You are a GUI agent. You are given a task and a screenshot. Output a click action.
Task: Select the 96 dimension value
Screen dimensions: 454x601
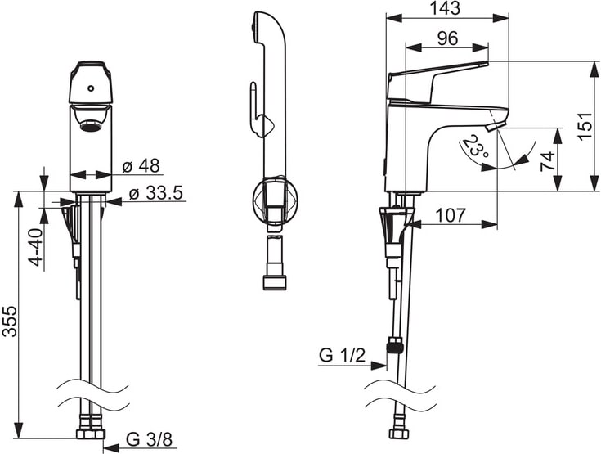coord(446,38)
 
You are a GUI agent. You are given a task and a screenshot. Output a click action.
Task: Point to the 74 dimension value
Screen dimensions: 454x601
coord(549,159)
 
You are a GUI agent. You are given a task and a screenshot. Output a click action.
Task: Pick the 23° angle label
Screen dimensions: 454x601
coord(476,149)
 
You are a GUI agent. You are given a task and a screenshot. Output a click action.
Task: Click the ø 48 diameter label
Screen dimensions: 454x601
coord(141,166)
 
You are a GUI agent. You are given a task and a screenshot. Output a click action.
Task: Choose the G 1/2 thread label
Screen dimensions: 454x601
coord(340,356)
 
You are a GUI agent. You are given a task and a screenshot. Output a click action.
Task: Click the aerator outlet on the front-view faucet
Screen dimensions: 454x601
coord(90,124)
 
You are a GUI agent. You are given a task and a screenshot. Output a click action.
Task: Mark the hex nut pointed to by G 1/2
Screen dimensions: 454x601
coord(397,346)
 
